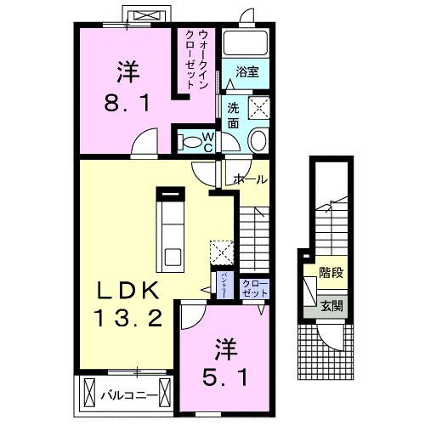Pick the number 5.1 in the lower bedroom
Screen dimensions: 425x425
(x=224, y=375)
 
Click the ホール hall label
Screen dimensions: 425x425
(x=250, y=180)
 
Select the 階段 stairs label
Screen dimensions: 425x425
(x=331, y=274)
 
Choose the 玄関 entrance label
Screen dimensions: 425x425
(x=331, y=305)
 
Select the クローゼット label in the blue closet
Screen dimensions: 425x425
(x=252, y=287)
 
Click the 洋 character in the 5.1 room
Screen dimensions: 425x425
(x=224, y=348)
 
